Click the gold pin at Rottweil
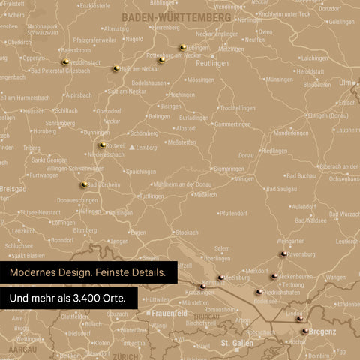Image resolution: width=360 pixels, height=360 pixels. [x=102, y=145]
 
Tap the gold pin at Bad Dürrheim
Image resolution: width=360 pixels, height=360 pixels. [x=84, y=184]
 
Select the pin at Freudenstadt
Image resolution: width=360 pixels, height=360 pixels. [x=65, y=61]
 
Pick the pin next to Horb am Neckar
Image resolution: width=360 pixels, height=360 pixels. [x=115, y=68]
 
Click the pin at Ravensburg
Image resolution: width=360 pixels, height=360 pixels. [x=283, y=254]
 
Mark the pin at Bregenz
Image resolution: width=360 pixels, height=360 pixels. [x=304, y=329]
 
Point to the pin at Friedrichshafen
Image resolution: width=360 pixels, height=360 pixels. [x=259, y=292]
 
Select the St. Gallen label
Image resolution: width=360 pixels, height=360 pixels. [x=236, y=343]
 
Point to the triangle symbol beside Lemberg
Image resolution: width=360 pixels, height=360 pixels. [x=133, y=148]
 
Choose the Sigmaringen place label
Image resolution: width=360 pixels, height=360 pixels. [x=228, y=169]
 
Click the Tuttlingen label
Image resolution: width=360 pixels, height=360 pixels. [x=151, y=196]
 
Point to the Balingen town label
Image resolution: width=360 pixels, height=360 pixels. [x=159, y=117]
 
